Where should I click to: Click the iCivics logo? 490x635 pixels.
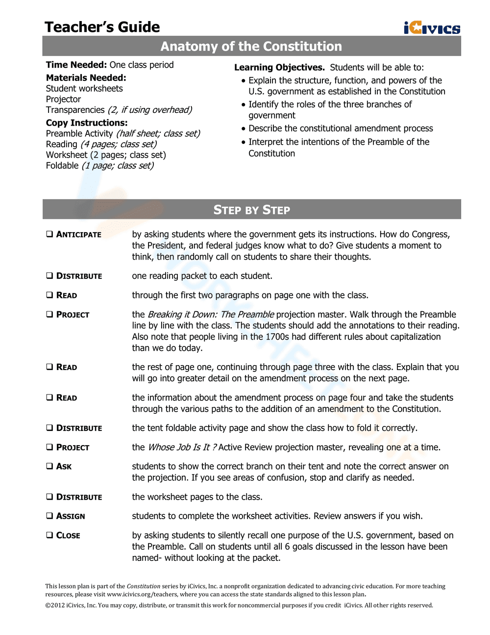click(432, 28)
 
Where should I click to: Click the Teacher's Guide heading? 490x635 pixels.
click(102, 27)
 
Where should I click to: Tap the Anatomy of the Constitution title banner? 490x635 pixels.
click(251, 47)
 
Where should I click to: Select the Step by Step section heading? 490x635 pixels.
click(251, 210)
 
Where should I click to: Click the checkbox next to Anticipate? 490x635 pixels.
click(49, 234)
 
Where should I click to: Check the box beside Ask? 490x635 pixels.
click(49, 466)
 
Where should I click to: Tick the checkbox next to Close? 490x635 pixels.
click(49, 535)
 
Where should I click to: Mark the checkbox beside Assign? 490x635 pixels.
click(49, 516)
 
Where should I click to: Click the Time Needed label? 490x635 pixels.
click(76, 65)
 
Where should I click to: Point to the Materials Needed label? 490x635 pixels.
click(86, 78)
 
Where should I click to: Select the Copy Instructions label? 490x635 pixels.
click(86, 123)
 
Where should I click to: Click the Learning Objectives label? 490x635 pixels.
click(279, 67)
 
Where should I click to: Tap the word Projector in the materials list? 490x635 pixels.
click(63, 99)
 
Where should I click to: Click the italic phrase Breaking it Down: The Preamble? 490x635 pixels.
click(211, 314)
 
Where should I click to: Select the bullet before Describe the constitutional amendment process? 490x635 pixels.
click(244, 129)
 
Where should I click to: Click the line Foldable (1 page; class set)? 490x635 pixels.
click(99, 165)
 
